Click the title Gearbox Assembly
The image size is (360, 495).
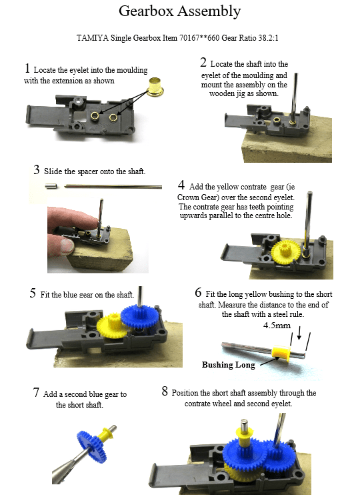pyautogui.click(x=179, y=11)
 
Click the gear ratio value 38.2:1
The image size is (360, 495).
pyautogui.click(x=268, y=38)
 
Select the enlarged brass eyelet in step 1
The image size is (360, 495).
pyautogui.click(x=155, y=86)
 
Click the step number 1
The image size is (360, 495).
pyautogui.click(x=27, y=68)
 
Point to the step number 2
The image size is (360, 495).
pyautogui.click(x=203, y=62)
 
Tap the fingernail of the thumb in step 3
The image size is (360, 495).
pyautogui.click(x=67, y=245)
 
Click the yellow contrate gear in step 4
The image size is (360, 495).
pyautogui.click(x=286, y=250)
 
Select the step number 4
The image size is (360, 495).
pyautogui.click(x=181, y=185)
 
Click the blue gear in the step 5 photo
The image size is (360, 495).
pyautogui.click(x=139, y=316)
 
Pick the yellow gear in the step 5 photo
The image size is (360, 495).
pyautogui.click(x=112, y=326)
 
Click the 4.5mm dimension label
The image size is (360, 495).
pyautogui.click(x=277, y=325)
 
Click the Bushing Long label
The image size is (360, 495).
pyautogui.click(x=229, y=365)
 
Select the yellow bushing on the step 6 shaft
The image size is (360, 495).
pyautogui.click(x=281, y=354)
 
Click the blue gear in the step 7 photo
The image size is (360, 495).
pyautogui.click(x=92, y=447)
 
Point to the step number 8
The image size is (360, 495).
pyautogui.click(x=165, y=391)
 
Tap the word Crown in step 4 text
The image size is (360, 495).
pyautogui.click(x=188, y=197)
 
